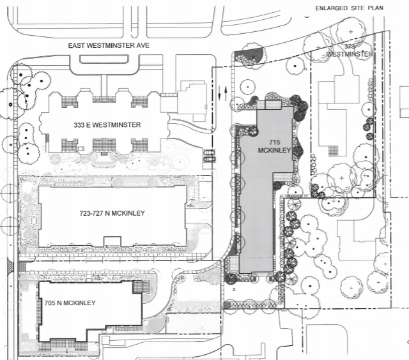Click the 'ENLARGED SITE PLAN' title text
pos(350,8)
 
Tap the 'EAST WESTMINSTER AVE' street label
pos(109,45)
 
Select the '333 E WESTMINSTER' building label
pos(107,125)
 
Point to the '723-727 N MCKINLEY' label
pos(112,213)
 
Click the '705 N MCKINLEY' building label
pos(70,303)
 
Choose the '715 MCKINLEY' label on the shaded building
pos(274,146)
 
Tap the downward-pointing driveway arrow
pos(219,93)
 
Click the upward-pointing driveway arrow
pos(226,93)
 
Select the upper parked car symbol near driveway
pos(209,153)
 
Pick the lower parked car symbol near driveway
pos(209,159)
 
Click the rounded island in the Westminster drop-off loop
pos(104,59)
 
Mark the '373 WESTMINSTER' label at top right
pos(350,50)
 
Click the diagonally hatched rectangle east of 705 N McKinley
pos(193,323)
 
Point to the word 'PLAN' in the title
pos(376,8)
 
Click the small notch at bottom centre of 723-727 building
pos(112,241)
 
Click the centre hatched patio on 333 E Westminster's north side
pos(104,99)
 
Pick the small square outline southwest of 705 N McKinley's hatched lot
pos(105,340)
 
